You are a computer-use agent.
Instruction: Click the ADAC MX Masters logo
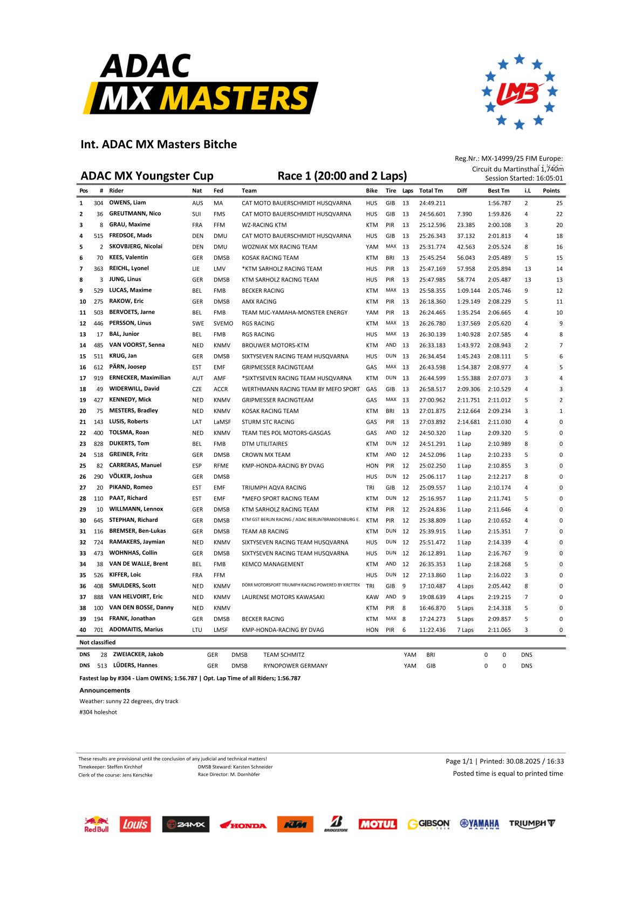pos(200,84)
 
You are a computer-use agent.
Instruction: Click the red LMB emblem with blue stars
pos(519,92)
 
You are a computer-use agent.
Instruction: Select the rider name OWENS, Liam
pos(127,203)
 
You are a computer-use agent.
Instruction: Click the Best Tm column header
pos(498,190)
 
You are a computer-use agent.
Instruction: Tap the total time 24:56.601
pos(432,214)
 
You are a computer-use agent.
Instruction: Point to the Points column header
pos(551,190)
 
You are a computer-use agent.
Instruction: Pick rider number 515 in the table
pos(98,236)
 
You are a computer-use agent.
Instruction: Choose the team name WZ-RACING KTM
pos(264,225)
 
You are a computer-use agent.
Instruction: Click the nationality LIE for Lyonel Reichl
pos(196,269)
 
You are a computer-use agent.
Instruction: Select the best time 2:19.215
pos(499,597)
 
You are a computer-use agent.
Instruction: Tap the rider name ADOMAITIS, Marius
pos(136,629)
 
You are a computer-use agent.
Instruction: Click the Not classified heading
pos(98,642)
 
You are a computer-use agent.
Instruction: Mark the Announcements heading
pos(105,690)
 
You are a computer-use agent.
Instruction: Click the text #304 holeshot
pos(98,712)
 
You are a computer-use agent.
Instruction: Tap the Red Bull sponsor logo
pos(96,824)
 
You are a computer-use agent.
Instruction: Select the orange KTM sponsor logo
pos(295,824)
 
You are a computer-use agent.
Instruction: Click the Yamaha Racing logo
pos(479,824)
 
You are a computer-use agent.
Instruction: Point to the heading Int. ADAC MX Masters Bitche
pos(159,144)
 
